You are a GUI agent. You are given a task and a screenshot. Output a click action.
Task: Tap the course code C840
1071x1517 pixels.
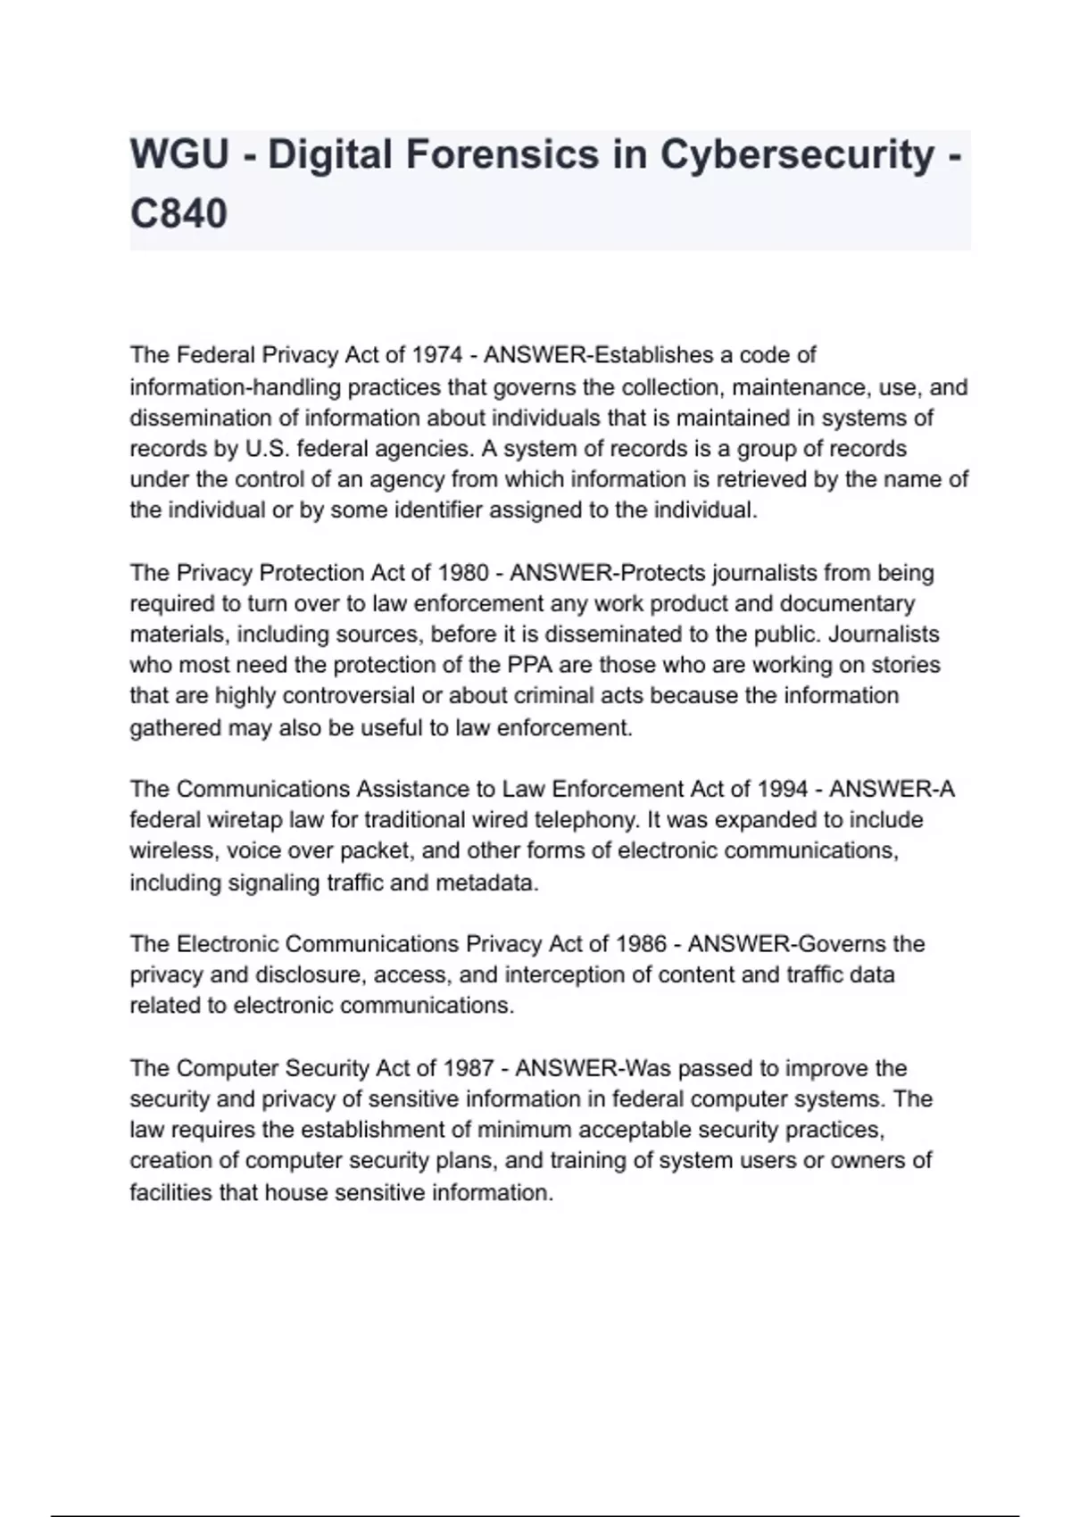click(x=178, y=214)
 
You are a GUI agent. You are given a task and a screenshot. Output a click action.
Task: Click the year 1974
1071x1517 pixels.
click(x=436, y=355)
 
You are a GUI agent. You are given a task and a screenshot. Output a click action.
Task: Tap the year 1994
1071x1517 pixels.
click(x=784, y=789)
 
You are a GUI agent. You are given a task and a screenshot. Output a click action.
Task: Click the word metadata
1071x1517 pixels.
click(x=486, y=883)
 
